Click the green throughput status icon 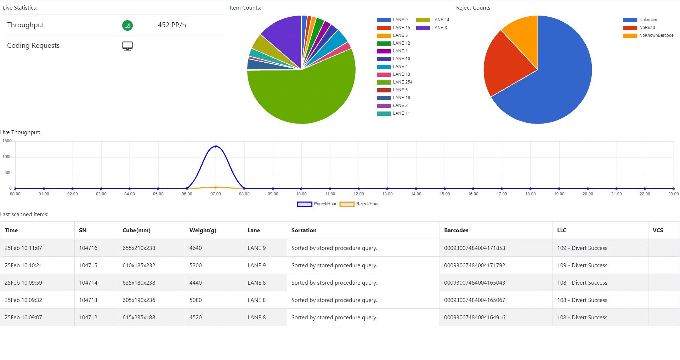[127, 25]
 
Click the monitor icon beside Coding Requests [127, 46]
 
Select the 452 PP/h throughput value [172, 25]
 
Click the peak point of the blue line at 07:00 [216, 146]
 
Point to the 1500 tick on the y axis [7, 141]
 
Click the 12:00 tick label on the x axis [359, 194]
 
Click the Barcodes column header [456, 230]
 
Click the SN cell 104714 [88, 283]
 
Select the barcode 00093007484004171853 [475, 248]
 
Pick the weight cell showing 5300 [195, 265]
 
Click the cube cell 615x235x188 [139, 318]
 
